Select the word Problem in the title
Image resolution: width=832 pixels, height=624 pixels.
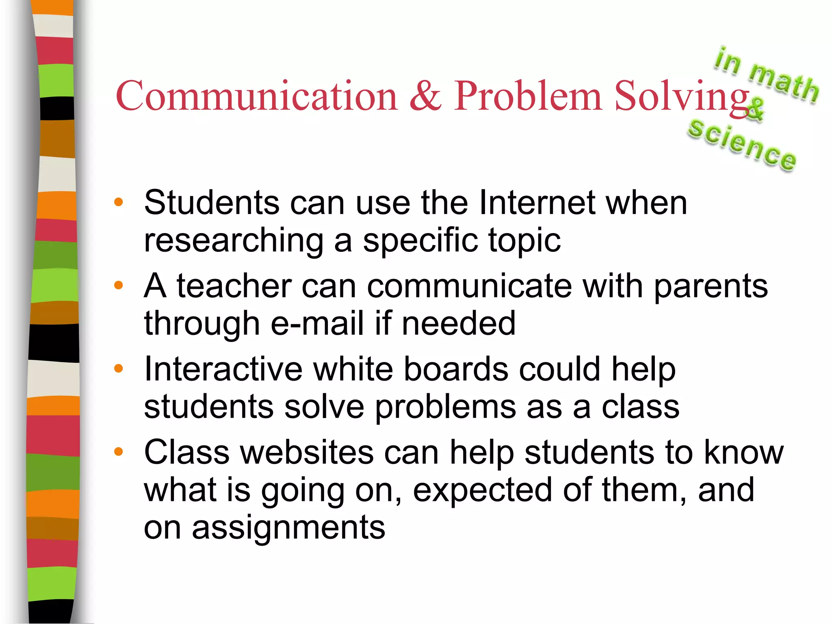(x=527, y=96)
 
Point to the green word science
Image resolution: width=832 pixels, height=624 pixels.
(x=742, y=145)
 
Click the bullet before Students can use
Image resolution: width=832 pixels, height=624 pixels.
(x=119, y=202)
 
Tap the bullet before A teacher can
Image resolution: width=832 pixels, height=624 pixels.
(x=119, y=286)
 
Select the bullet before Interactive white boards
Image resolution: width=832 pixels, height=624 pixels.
(x=119, y=369)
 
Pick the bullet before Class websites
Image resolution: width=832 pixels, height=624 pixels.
(x=119, y=452)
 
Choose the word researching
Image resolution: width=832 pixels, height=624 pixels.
(x=234, y=240)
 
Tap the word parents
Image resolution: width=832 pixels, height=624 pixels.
(x=711, y=286)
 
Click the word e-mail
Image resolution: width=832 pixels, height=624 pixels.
(x=317, y=324)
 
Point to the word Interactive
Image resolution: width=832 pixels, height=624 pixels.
(x=223, y=369)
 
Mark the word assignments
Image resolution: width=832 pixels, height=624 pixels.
(x=288, y=528)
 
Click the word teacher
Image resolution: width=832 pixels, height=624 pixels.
(x=234, y=286)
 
